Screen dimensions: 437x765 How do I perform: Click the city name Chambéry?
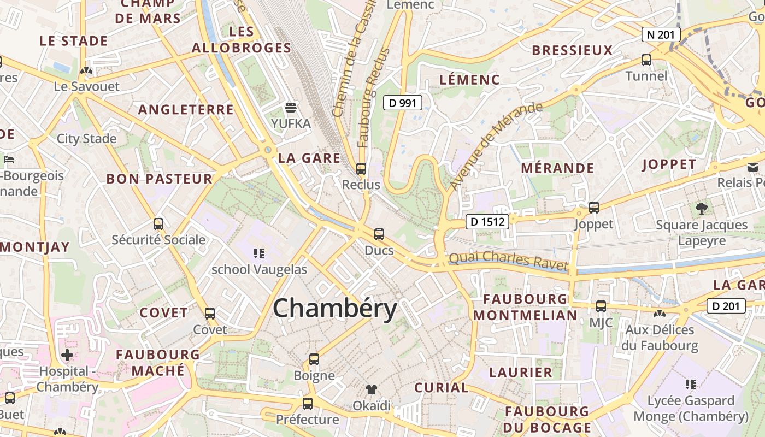pos(334,309)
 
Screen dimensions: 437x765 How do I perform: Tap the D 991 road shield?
pos(402,102)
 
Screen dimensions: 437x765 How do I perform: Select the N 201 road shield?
pos(661,35)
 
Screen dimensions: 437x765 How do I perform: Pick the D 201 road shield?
pos(726,306)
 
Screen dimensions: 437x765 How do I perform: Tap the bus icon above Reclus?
pos(361,169)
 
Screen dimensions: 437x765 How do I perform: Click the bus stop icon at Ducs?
pos(379,235)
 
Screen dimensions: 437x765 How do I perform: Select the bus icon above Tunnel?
pos(646,60)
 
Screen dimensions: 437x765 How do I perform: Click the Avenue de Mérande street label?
pos(496,146)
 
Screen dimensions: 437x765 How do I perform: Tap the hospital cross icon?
pos(67,356)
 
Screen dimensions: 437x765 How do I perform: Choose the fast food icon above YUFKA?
pos(291,107)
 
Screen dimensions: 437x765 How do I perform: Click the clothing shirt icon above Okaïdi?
pos(372,389)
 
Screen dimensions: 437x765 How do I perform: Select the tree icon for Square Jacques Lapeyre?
pos(702,208)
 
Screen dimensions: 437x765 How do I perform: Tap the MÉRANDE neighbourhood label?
pos(557,168)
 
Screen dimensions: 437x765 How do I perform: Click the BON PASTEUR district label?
pos(159,179)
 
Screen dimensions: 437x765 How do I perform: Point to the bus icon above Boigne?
pos(314,359)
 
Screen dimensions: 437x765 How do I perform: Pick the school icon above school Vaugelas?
pos(259,253)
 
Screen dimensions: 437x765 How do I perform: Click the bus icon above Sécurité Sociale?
pos(158,223)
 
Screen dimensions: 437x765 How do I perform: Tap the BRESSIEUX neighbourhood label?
pos(572,50)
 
